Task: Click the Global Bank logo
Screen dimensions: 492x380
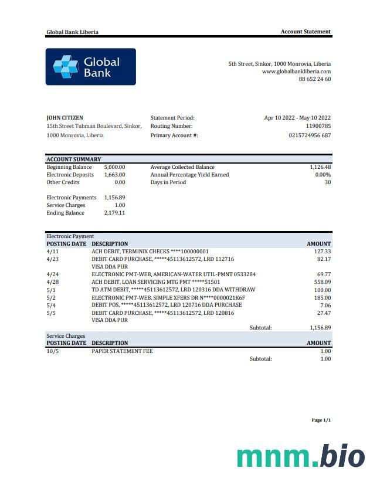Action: [x=90, y=67]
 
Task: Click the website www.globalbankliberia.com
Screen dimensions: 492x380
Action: [x=296, y=72]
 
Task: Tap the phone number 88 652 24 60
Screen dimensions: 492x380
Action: [x=314, y=79]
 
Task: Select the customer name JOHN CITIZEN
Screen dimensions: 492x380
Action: [x=65, y=118]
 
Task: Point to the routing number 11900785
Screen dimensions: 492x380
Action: [x=318, y=126]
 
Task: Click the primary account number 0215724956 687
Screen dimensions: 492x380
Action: [x=310, y=135]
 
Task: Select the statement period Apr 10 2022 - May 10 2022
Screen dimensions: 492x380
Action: [x=297, y=118]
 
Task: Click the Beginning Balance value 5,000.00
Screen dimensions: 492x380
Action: [x=114, y=167]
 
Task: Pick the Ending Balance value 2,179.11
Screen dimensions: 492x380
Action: [x=114, y=213]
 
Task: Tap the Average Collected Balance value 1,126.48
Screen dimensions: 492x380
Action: [x=320, y=167]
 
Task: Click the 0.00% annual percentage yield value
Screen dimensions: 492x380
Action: [x=323, y=175]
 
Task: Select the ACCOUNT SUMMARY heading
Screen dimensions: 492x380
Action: [x=74, y=160]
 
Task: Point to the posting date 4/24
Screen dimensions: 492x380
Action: [x=52, y=274]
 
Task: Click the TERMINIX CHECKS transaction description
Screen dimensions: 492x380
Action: [x=150, y=252]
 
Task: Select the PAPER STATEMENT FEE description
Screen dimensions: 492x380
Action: [x=122, y=351]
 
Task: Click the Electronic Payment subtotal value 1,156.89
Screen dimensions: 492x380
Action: [x=320, y=328]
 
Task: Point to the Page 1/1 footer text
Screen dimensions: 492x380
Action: [x=321, y=420]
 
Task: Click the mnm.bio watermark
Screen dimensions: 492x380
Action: [x=300, y=456]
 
